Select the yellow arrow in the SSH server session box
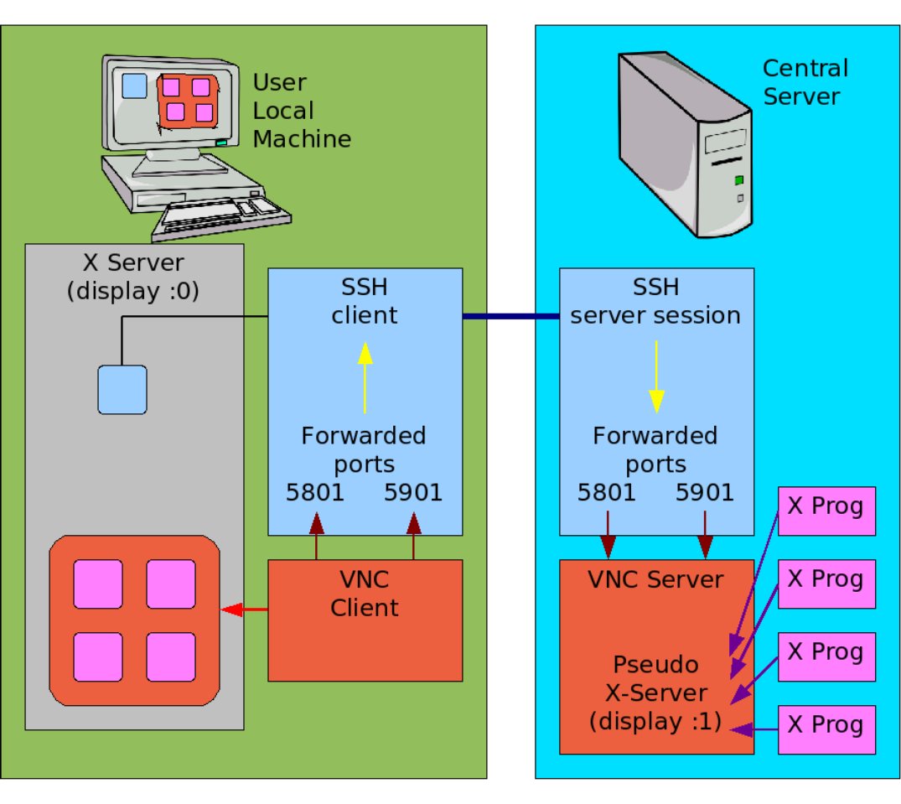[656, 376]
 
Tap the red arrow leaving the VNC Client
[244, 609]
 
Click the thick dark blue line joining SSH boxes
[510, 316]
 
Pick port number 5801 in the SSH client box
[314, 492]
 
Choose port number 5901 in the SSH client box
[413, 492]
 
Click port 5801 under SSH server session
[607, 492]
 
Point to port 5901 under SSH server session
[705, 492]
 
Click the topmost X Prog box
[827, 510]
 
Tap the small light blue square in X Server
[122, 389]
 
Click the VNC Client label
[365, 594]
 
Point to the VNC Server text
[657, 579]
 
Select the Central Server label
[805, 81]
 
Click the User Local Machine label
[301, 111]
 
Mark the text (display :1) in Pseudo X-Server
[655, 721]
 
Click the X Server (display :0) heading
[135, 277]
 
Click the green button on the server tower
[738, 179]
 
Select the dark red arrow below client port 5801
[316, 536]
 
